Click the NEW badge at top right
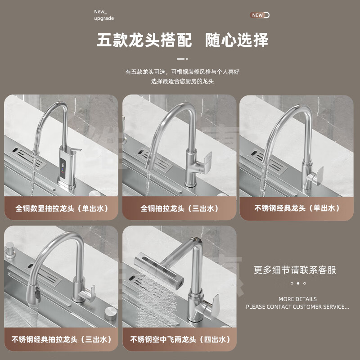tap(260, 15)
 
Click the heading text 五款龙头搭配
tap(144, 40)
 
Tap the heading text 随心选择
tap(237, 40)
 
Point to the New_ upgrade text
tap(104, 15)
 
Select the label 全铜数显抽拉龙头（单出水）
tap(62, 208)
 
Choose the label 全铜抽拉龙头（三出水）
tap(180, 208)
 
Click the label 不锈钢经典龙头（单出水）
tap(297, 208)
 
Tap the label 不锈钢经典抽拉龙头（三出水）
tap(62, 339)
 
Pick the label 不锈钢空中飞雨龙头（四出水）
tap(180, 339)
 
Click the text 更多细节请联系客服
tap(295, 270)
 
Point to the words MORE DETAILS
tap(297, 299)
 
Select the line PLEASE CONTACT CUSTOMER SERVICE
tap(297, 307)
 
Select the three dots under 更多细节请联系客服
tap(298, 283)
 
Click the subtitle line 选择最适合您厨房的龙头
tap(182, 81)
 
